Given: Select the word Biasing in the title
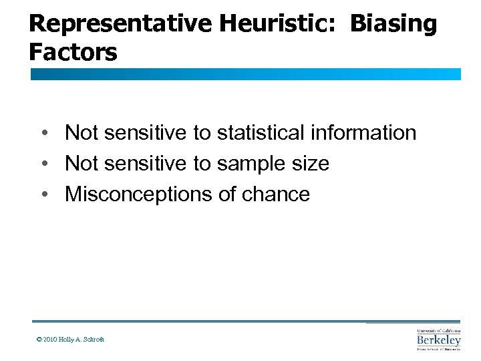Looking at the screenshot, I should coord(393,24).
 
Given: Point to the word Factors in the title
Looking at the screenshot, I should coord(73,52).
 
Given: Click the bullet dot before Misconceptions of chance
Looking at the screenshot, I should coord(43,195).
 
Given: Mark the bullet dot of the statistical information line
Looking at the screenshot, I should coord(43,133).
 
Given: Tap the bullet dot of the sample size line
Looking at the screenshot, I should coord(43,164).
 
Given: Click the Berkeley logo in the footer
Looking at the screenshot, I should coord(438,339).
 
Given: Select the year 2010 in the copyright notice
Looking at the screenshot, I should coord(49,340).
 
